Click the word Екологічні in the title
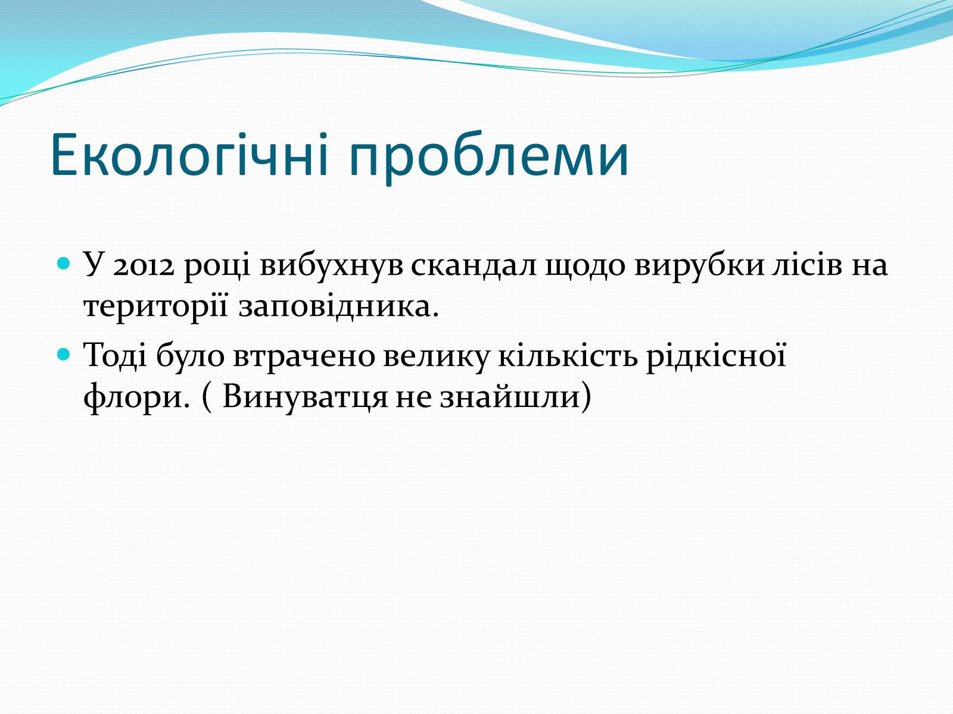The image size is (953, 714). pos(189,155)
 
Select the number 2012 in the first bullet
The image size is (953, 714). pos(144,265)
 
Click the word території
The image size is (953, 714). pos(156,308)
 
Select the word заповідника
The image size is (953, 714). pos(339,307)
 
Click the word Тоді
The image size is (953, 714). pos(115,355)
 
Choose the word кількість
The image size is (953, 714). pos(567,355)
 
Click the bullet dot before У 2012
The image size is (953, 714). pos(63,263)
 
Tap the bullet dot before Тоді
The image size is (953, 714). pos(63,354)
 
